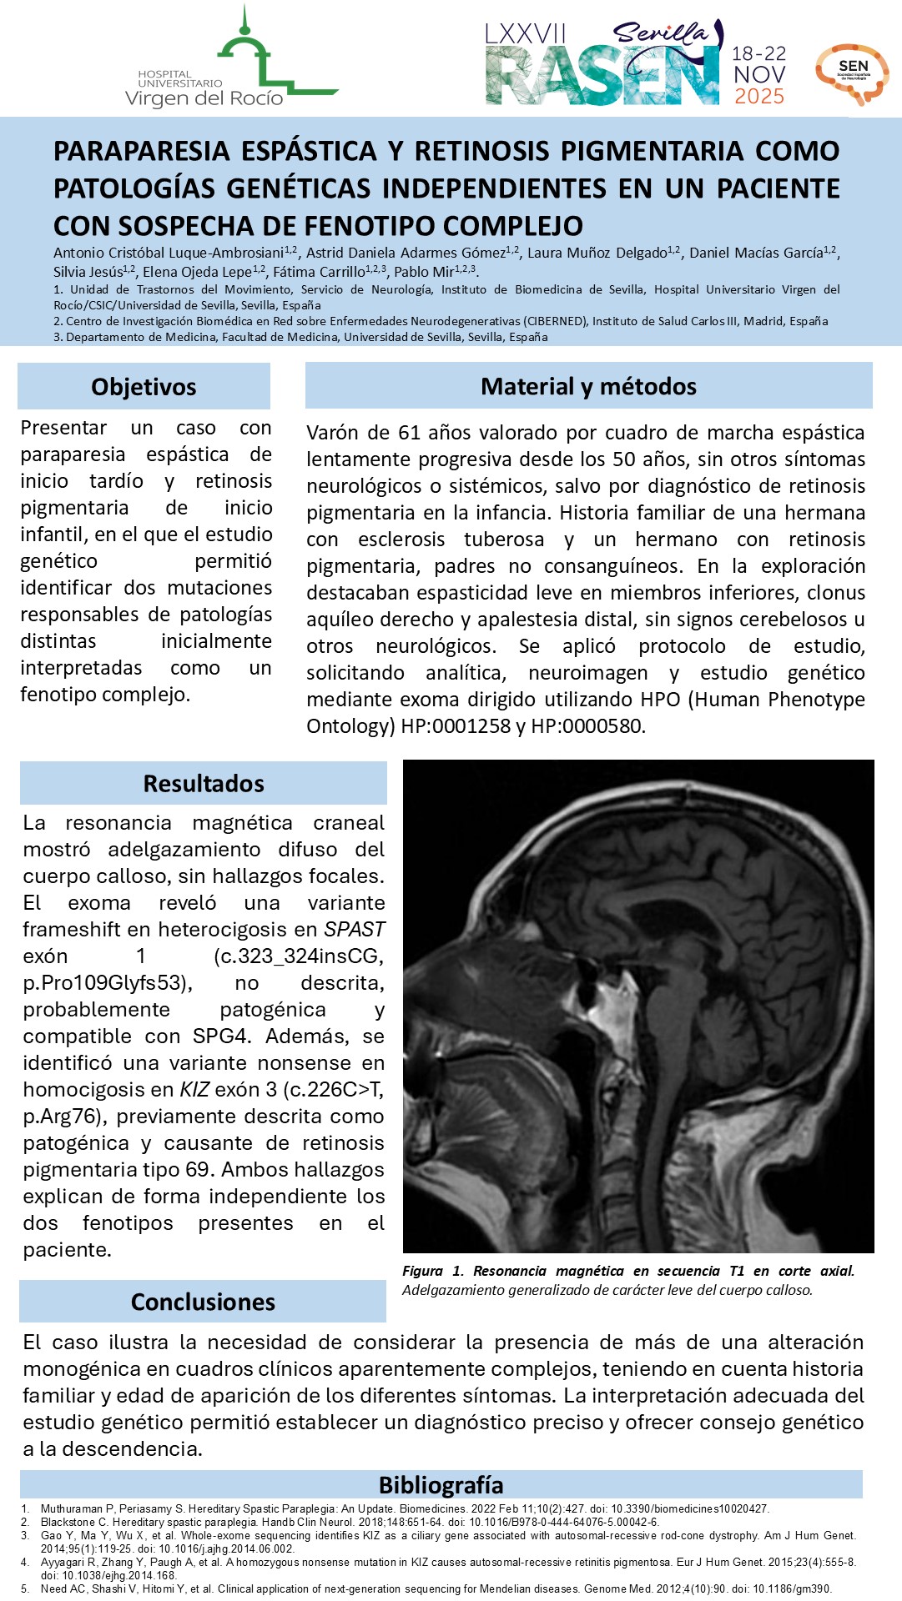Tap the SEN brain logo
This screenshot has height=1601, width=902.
[852, 74]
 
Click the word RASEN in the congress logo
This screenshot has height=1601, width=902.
[602, 76]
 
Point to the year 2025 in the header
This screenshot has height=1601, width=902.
[759, 97]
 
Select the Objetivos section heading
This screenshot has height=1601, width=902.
[144, 387]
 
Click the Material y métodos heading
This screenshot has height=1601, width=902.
[588, 386]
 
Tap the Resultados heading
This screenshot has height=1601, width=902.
[204, 784]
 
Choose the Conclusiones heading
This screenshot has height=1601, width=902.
[203, 1302]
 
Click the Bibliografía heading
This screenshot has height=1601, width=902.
[441, 1485]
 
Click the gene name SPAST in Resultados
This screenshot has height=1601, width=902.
[355, 929]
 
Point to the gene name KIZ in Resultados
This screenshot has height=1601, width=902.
[194, 1089]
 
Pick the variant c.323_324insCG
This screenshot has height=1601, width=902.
[299, 956]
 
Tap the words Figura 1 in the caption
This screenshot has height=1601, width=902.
[433, 1271]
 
